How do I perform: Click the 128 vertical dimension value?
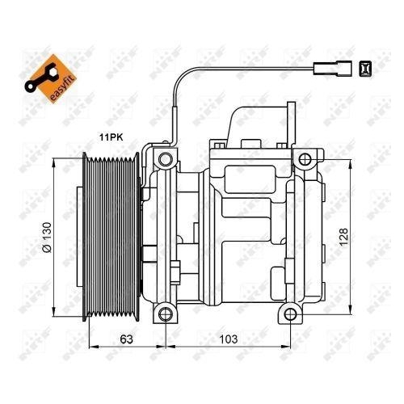(x=346, y=237)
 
